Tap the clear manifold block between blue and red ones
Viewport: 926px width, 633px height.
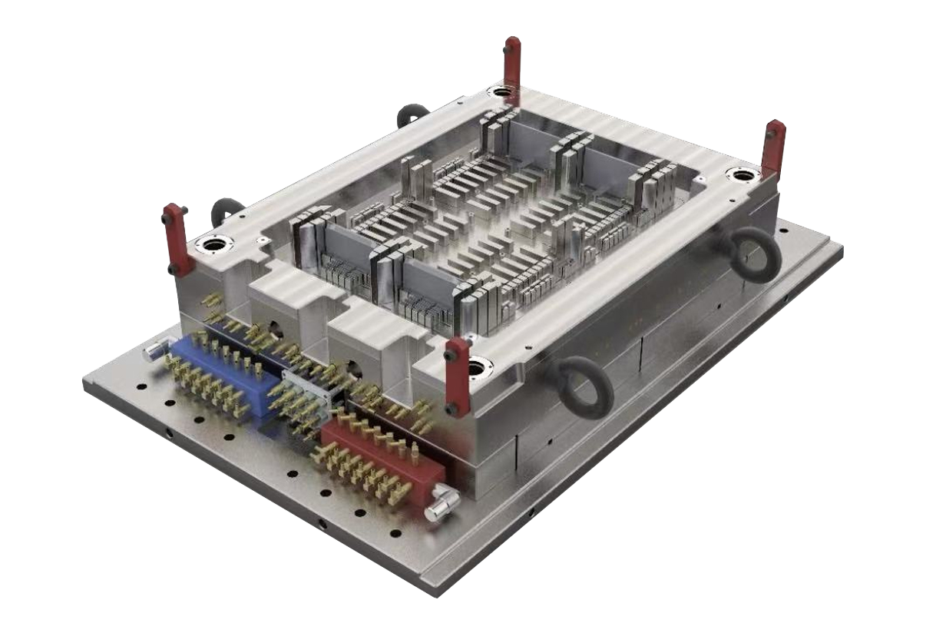(307, 392)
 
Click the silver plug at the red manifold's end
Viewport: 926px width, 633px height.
(443, 503)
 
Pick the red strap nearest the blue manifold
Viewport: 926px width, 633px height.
(176, 238)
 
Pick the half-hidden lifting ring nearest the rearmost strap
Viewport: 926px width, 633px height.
(413, 115)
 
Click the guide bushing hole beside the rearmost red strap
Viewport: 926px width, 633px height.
(501, 92)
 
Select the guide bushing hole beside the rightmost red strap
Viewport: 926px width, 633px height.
(742, 175)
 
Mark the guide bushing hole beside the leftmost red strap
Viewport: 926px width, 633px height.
(213, 245)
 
